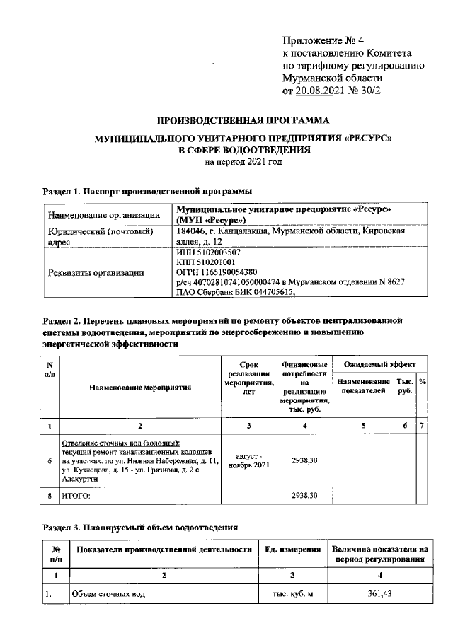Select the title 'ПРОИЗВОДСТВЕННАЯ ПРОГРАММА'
point(243,120)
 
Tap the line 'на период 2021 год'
point(243,161)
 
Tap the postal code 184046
point(192,231)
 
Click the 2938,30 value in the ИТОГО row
point(304,495)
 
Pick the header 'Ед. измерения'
point(289,549)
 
